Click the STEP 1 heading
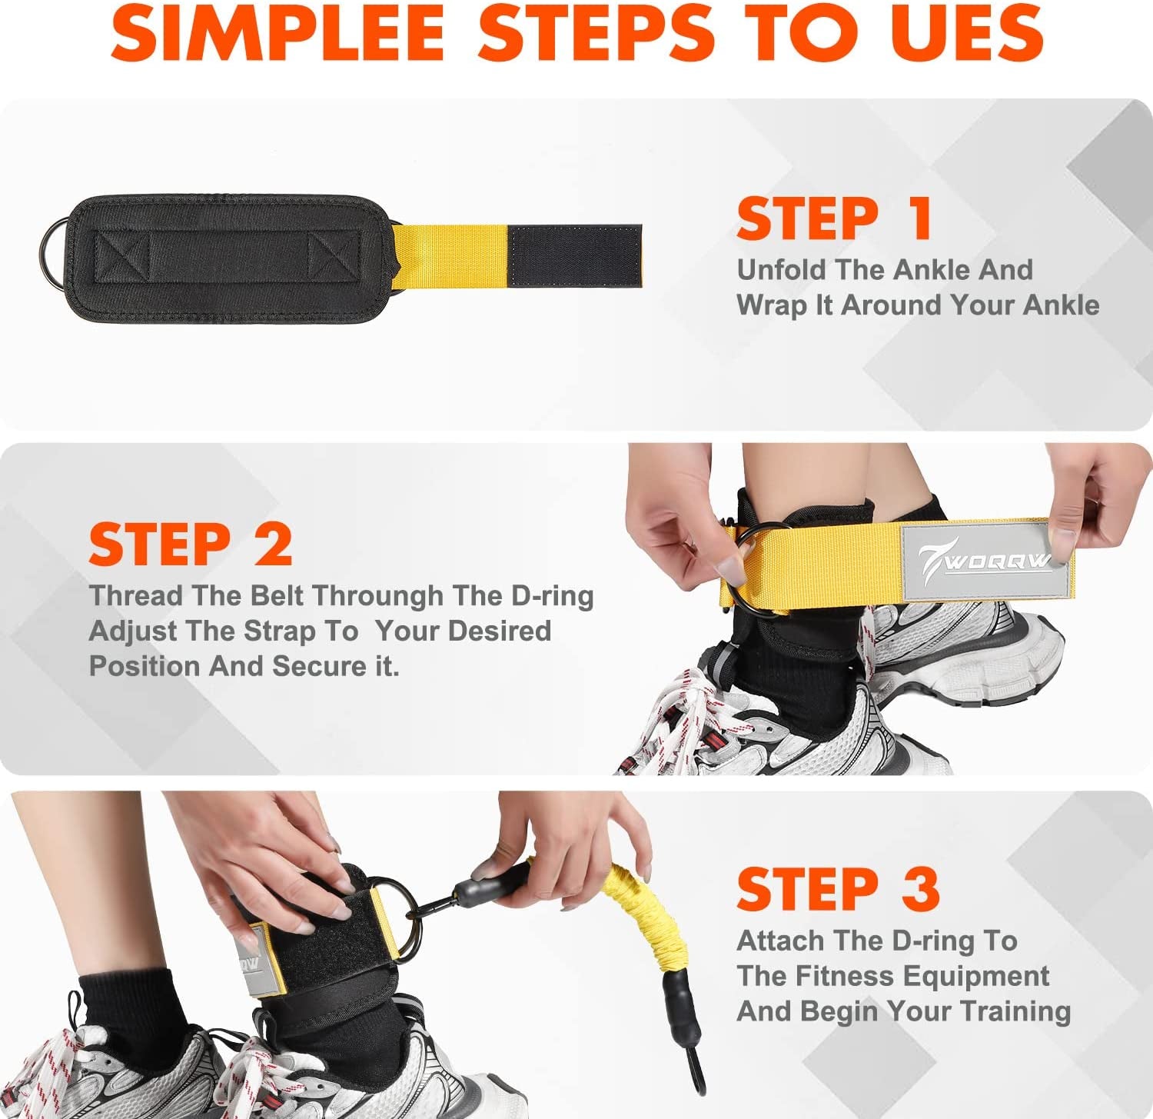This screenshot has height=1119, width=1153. (834, 219)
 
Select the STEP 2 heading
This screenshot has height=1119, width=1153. (190, 545)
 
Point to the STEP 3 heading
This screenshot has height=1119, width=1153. (838, 890)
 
